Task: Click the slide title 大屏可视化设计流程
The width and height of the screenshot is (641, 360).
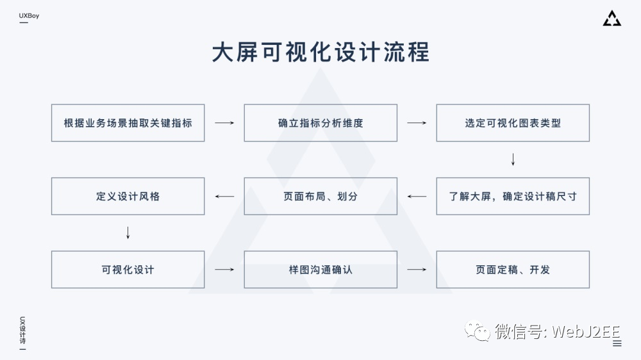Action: point(320,53)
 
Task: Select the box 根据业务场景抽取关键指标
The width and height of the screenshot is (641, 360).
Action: point(128,123)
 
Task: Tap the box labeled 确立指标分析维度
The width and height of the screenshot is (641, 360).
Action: point(320,123)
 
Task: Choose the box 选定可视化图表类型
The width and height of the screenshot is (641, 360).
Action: point(513,123)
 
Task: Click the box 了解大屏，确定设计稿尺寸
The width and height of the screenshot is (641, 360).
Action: point(513,196)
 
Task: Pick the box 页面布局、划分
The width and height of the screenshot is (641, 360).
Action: point(320,196)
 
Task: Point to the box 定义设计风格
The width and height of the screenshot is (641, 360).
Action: point(128,196)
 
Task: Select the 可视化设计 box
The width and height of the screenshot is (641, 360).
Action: point(128,270)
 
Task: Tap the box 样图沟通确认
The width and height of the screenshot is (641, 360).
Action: point(320,270)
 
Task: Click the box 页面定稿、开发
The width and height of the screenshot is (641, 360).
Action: point(513,270)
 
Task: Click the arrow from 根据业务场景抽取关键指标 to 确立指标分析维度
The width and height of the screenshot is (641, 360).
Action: point(224,123)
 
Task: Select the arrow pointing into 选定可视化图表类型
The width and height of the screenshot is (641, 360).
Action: point(417,123)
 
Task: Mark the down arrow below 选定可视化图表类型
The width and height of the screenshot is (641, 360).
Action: point(513,160)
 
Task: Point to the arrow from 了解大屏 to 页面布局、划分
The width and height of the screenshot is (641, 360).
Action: point(417,196)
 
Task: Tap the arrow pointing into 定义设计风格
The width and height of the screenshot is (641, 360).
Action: point(224,196)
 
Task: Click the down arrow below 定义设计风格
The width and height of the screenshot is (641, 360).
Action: point(128,233)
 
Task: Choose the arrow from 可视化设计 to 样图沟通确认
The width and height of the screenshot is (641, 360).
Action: point(224,270)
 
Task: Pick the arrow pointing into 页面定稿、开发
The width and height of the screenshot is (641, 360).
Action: point(417,270)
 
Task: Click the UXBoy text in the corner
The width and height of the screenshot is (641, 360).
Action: point(29,15)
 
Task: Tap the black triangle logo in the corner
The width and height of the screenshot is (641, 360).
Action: point(612,19)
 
